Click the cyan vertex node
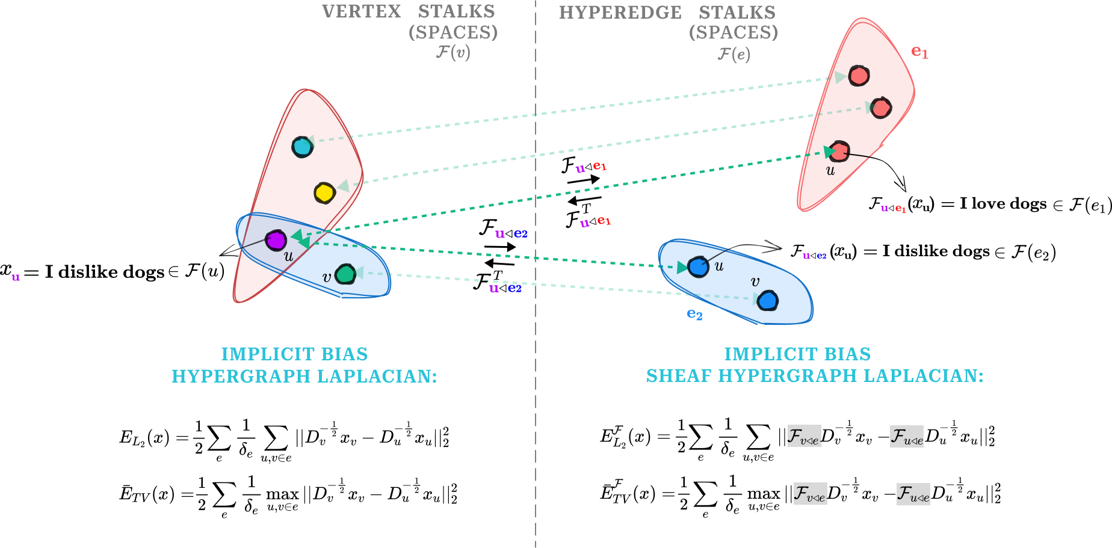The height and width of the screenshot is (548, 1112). (x=302, y=147)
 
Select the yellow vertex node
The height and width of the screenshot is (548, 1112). (x=324, y=193)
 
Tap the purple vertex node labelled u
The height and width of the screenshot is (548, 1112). (x=276, y=241)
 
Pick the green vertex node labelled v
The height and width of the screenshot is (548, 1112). (x=345, y=274)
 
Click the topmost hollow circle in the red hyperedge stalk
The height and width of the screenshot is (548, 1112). (x=859, y=76)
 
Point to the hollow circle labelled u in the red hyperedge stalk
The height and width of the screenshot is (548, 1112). (x=839, y=151)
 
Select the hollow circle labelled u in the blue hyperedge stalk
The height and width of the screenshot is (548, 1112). (x=698, y=267)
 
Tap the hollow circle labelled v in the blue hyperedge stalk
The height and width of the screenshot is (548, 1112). (x=768, y=301)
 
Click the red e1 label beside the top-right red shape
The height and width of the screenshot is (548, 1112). (x=919, y=52)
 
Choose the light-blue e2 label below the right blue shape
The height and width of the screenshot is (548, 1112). (x=694, y=314)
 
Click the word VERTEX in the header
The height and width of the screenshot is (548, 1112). (x=361, y=11)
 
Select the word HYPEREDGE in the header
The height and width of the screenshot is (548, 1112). (x=620, y=13)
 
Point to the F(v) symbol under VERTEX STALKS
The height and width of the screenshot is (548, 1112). (x=453, y=53)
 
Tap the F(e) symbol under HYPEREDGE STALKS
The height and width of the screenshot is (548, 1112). (x=734, y=55)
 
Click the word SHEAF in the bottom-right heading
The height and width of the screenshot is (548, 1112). (x=679, y=376)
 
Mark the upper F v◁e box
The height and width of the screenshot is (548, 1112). (x=804, y=436)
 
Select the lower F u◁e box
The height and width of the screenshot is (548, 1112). (x=913, y=494)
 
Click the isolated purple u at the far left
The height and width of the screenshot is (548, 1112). (x=16, y=277)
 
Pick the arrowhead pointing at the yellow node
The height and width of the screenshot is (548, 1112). (x=344, y=186)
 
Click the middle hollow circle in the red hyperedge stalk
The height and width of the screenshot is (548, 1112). (x=881, y=108)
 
